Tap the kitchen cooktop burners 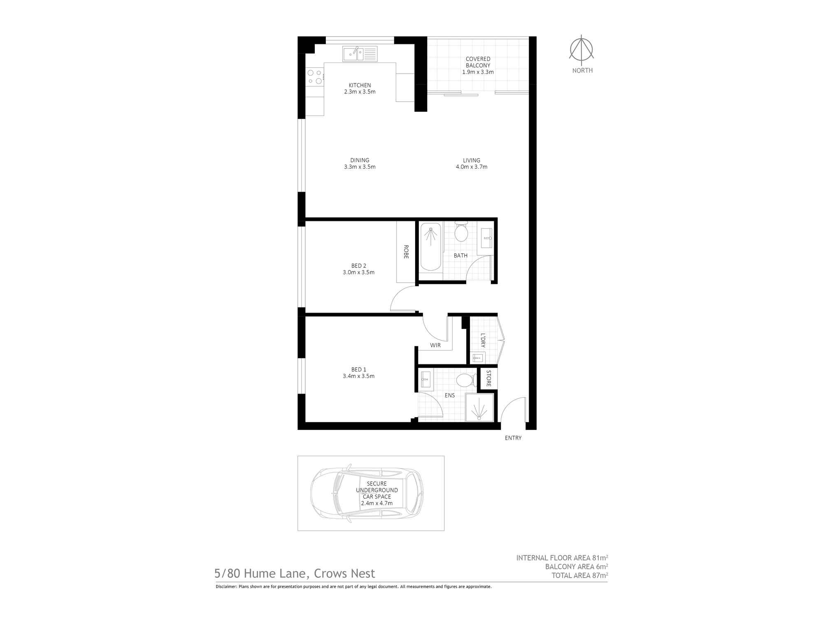pos(315,77)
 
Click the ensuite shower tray pos(479,407)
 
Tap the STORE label pos(488,378)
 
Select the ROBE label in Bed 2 pos(406,252)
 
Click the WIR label pos(435,346)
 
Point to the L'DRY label pos(483,340)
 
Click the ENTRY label pos(513,438)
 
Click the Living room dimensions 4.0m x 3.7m pos(472,167)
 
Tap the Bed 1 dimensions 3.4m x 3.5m pos(358,376)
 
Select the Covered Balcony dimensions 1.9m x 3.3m pos(478,72)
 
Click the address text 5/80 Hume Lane pos(295,573)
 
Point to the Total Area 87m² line pos(579,575)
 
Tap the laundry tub pos(478,357)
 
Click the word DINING pos(360,160)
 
